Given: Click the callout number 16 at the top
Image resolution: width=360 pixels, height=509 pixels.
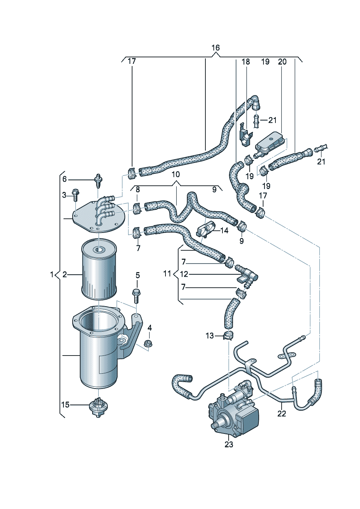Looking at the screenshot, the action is pos(216,48).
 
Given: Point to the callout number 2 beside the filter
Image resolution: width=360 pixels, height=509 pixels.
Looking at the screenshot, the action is pos(65,275).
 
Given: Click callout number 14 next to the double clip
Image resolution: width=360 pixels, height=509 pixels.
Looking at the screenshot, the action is pos(224,231).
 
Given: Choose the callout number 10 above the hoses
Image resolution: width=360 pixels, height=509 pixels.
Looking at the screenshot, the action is pos(176,174).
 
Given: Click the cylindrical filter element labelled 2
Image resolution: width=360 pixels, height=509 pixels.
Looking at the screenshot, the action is pos(99,268).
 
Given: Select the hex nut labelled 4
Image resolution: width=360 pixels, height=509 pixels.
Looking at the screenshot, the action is pos(148,344).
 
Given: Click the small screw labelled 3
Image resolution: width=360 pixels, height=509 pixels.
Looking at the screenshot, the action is pos(75,195).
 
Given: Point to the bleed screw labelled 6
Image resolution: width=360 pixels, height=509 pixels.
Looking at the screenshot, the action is pos(98,181).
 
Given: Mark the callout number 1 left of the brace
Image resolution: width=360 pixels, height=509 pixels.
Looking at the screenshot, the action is pos(52,275).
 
